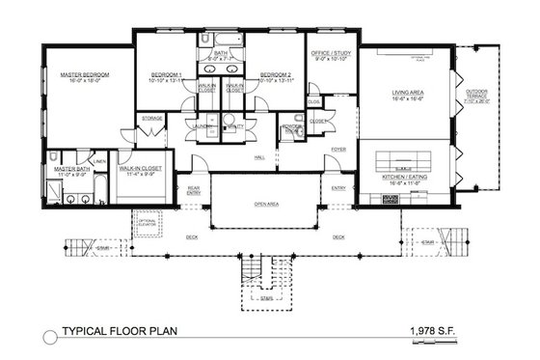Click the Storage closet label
point(151,118)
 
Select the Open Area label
point(266,205)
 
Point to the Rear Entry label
point(193,189)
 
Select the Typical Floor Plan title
point(120,333)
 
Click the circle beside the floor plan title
point(50,334)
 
